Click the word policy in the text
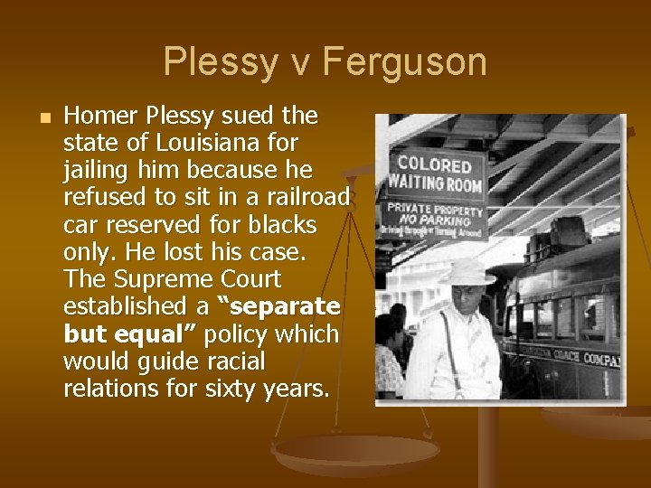coord(238,334)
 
